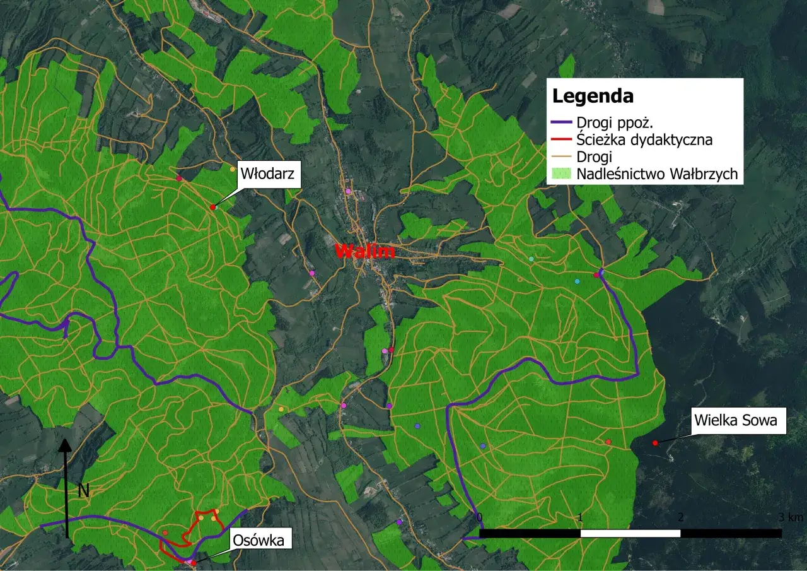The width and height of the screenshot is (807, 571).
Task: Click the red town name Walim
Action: point(365,251)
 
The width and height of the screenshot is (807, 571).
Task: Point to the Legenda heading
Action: point(593,97)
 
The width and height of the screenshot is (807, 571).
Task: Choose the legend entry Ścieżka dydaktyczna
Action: point(644,139)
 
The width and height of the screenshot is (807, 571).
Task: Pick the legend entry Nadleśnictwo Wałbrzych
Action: point(657,174)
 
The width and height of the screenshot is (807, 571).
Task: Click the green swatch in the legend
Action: point(562,174)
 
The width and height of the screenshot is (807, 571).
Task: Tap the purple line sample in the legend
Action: point(562,122)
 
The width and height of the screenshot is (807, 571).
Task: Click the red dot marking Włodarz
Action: point(213,207)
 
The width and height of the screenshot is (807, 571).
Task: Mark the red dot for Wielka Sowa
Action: point(655,443)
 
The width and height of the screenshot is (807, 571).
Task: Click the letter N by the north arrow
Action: point(83,491)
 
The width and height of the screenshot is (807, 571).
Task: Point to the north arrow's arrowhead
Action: point(64,444)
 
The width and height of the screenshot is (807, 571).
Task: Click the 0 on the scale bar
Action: point(480,517)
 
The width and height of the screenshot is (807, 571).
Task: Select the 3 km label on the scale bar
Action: point(791,517)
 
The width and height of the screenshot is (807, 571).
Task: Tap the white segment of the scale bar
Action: point(630,533)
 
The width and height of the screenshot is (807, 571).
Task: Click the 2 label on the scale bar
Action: point(680,517)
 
